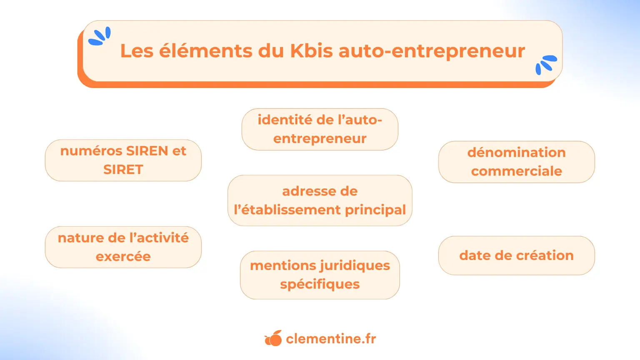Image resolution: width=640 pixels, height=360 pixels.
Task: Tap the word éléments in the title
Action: point(205,51)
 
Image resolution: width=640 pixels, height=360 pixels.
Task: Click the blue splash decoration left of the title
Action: point(100,36)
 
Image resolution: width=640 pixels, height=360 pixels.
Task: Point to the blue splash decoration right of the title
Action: point(545,65)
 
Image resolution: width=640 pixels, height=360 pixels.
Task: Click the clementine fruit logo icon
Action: point(273,338)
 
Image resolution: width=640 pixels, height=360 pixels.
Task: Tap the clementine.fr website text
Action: point(331,339)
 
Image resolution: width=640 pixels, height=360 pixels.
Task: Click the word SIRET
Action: point(123,170)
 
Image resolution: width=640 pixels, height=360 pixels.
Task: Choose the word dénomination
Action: point(516,152)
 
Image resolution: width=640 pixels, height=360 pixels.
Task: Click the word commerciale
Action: point(516,171)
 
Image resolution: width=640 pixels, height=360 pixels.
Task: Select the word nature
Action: point(80,238)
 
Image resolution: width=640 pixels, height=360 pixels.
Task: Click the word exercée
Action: point(123,257)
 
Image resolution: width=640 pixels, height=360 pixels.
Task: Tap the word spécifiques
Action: point(320,285)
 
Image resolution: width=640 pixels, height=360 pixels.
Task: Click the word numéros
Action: point(91,151)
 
